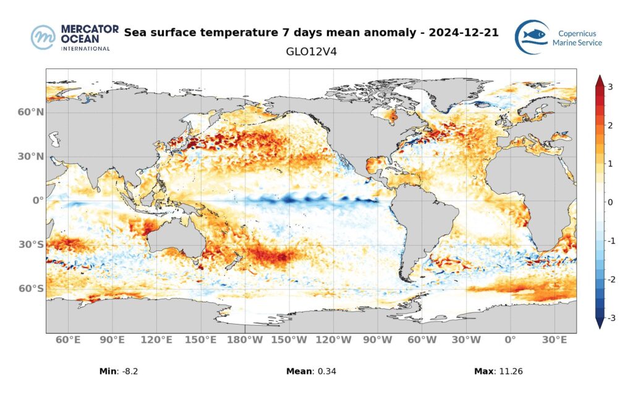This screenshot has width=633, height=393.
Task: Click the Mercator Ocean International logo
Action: click(x=70, y=38)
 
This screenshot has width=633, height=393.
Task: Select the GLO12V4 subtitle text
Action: click(x=311, y=52)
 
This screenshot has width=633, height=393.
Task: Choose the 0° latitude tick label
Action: click(x=38, y=201)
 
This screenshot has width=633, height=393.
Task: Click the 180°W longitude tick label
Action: click(x=245, y=340)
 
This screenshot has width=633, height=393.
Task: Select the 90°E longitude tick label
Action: click(x=112, y=340)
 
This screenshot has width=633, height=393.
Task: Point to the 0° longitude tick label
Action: click(x=511, y=340)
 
